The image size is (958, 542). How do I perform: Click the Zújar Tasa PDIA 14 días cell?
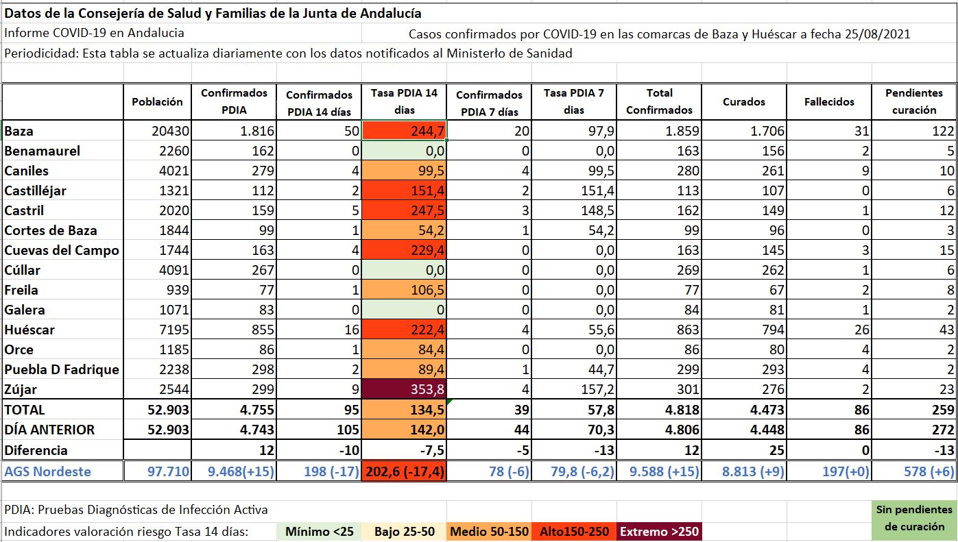(x=405, y=390)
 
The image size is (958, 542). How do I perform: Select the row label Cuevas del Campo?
(x=62, y=250)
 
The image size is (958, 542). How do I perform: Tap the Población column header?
(x=158, y=101)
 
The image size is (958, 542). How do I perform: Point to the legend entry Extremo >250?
(x=658, y=532)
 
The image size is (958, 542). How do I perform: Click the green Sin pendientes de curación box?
(x=914, y=519)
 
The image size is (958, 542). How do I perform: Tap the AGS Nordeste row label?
(x=47, y=471)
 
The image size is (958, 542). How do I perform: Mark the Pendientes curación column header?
(x=914, y=101)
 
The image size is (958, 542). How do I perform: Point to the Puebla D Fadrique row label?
(x=62, y=369)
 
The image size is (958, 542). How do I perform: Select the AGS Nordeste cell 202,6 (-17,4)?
(x=405, y=471)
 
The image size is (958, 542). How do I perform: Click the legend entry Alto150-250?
(x=575, y=532)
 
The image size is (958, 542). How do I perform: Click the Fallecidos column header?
(x=829, y=101)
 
